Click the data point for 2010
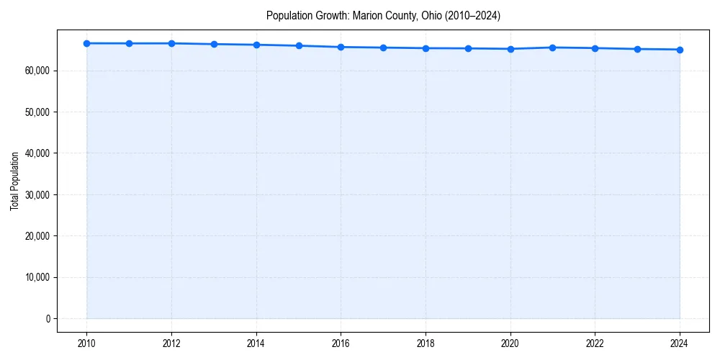[86, 43]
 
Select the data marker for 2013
[214, 44]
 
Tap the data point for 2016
[341, 47]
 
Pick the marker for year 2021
[552, 48]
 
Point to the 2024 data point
[680, 50]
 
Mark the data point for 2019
[468, 48]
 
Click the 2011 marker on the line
[129, 43]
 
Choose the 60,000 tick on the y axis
[36, 71]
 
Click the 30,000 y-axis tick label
[36, 194]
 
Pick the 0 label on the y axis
[48, 318]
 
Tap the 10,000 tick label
[36, 277]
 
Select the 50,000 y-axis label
[36, 112]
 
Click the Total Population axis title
[14, 181]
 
